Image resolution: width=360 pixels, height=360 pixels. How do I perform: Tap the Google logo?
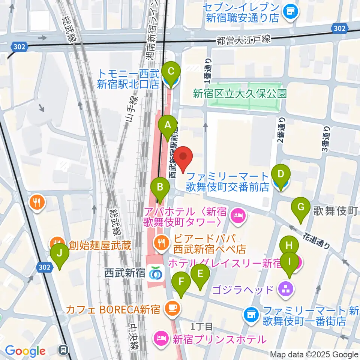tap(25, 351)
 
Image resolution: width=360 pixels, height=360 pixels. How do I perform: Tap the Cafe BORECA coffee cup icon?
tap(172, 309)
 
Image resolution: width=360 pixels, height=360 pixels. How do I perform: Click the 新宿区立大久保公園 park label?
tap(240, 93)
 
